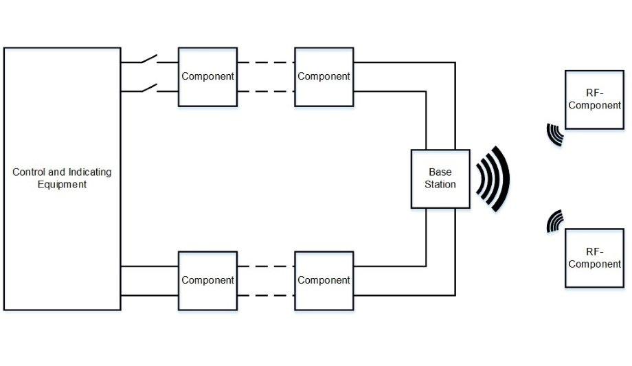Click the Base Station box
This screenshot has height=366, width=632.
click(x=440, y=179)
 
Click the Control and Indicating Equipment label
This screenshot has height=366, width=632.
click(x=62, y=178)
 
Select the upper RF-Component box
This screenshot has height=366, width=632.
click(x=594, y=100)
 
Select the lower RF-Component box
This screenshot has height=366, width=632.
click(x=594, y=258)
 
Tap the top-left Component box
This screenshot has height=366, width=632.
click(x=207, y=76)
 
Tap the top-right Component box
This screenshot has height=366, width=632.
click(x=324, y=76)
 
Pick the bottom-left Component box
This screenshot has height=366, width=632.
click(x=207, y=280)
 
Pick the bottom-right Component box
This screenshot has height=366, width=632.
click(x=324, y=280)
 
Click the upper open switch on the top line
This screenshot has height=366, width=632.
click(x=149, y=60)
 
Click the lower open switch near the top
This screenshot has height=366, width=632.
click(x=149, y=88)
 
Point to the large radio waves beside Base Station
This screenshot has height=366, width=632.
click(x=493, y=179)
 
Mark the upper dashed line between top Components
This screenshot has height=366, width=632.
click(x=266, y=62)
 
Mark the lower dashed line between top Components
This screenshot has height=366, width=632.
click(x=266, y=91)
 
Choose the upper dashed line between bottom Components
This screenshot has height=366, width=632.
click(x=266, y=266)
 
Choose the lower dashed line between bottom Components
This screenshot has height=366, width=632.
click(x=266, y=295)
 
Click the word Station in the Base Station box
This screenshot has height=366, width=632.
click(x=440, y=184)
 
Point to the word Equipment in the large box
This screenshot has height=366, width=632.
click(x=62, y=184)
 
